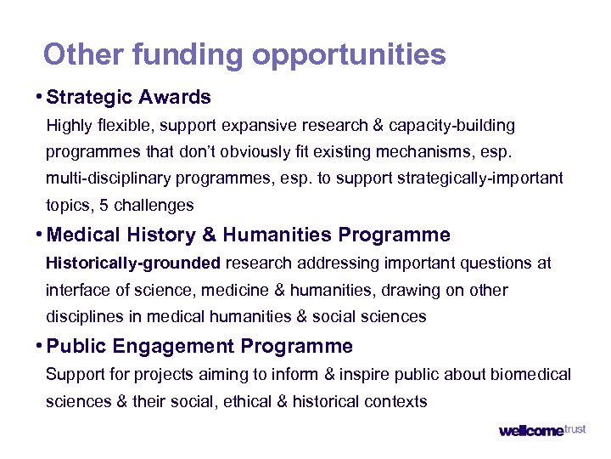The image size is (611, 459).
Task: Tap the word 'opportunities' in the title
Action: [x=349, y=56]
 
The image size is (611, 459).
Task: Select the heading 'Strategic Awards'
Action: [x=129, y=97]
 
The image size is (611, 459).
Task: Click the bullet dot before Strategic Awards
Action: [x=40, y=97]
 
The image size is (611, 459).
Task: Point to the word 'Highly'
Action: [x=70, y=126]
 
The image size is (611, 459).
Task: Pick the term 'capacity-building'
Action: [x=451, y=126]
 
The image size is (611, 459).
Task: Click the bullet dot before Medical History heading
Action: [x=40, y=234]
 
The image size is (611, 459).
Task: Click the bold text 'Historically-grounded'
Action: [x=133, y=263]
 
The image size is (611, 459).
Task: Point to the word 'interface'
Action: [x=78, y=290]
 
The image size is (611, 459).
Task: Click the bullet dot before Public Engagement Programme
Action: [x=40, y=346]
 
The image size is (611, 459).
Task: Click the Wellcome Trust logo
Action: [x=541, y=430]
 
